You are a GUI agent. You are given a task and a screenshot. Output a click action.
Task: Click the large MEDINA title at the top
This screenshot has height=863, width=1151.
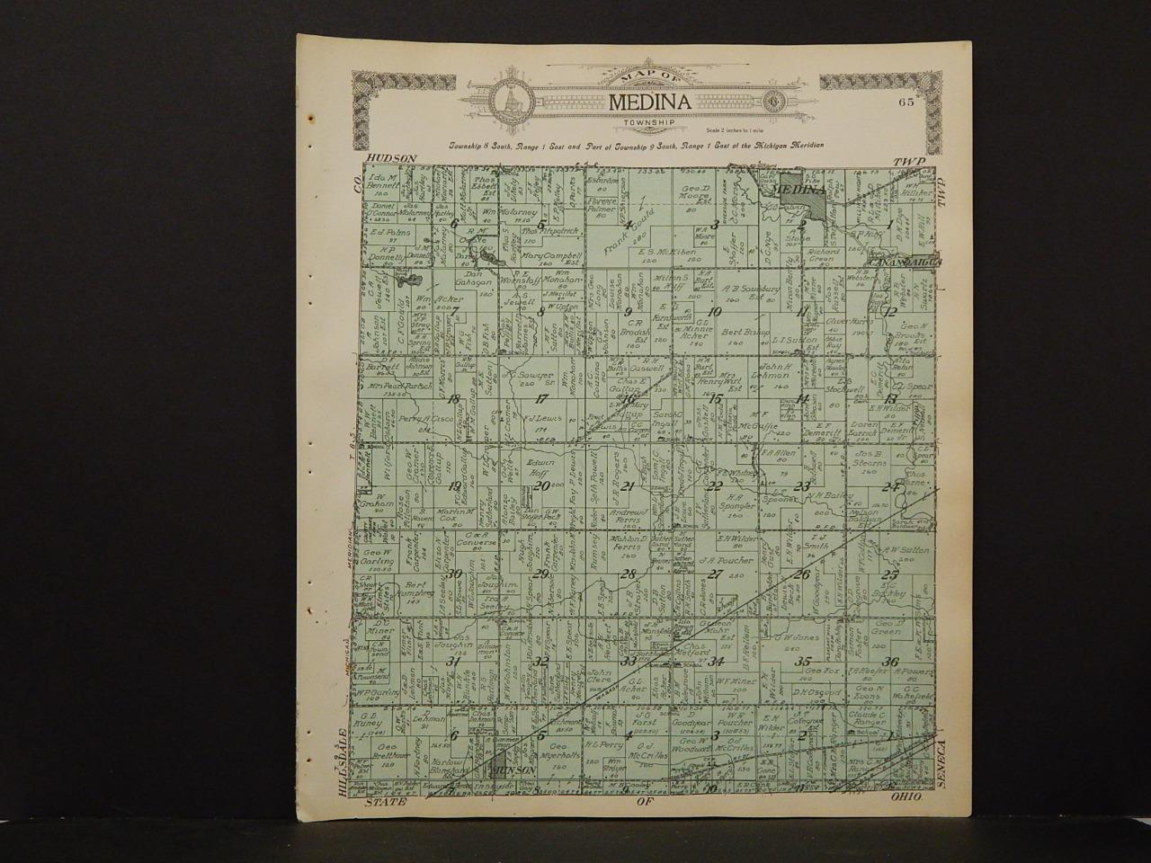650,102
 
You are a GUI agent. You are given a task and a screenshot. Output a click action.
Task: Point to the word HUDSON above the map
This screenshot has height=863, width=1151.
393,158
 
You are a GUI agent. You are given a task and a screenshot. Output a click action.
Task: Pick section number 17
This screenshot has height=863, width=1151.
541,397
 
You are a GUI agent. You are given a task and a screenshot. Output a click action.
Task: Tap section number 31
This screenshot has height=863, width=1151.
455,663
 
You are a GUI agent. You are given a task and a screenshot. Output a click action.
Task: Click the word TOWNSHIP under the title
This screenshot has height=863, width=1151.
649,121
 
